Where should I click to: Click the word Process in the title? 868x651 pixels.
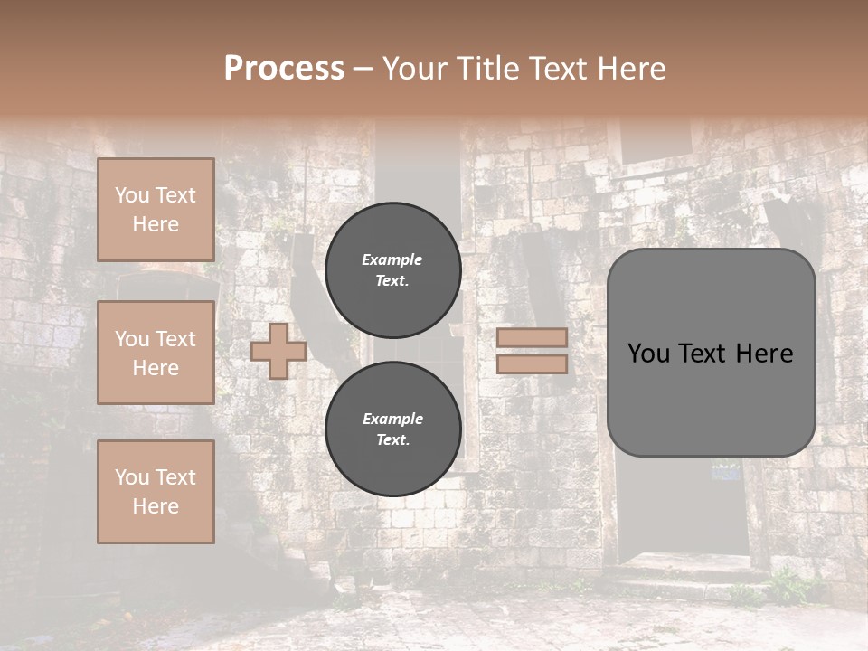(x=284, y=69)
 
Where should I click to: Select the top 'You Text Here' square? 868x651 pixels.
(x=156, y=210)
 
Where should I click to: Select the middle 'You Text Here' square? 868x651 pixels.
(x=156, y=353)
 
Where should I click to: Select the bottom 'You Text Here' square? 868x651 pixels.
(x=156, y=492)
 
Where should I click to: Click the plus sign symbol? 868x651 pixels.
(x=278, y=351)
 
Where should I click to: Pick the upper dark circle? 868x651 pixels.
(x=393, y=269)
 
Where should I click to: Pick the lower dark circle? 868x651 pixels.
(x=393, y=429)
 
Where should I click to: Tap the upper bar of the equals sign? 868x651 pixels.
(x=532, y=337)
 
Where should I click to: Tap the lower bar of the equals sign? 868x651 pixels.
(x=532, y=363)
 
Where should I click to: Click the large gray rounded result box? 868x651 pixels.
(x=711, y=398)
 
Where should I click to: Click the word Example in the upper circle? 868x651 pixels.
(x=392, y=259)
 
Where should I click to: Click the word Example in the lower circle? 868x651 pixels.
(x=392, y=419)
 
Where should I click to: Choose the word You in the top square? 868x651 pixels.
(x=131, y=195)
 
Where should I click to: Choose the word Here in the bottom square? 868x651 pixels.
(x=156, y=506)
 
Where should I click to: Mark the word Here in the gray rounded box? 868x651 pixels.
(x=764, y=353)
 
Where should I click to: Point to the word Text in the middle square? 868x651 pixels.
(x=175, y=339)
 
